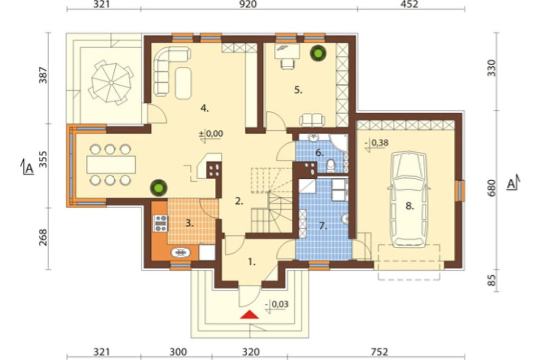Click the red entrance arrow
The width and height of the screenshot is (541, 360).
249,315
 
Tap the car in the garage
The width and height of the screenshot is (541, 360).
409,199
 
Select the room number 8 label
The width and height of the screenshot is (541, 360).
410,206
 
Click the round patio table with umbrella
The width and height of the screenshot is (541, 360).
111,82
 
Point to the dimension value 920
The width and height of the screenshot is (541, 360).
248,4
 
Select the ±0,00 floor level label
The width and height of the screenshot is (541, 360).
211,134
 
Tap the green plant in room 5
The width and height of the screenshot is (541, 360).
318,53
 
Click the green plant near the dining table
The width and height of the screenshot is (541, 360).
159,188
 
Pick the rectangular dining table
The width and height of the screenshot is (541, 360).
111,165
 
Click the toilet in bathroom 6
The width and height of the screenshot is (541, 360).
331,166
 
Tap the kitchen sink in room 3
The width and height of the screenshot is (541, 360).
181,253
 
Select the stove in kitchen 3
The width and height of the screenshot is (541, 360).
161,223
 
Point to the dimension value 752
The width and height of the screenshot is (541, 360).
379,352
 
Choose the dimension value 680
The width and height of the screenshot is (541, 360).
492,188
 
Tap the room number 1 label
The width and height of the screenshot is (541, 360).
252,262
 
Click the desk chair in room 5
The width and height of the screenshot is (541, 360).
287,64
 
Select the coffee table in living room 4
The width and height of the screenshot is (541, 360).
183,83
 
